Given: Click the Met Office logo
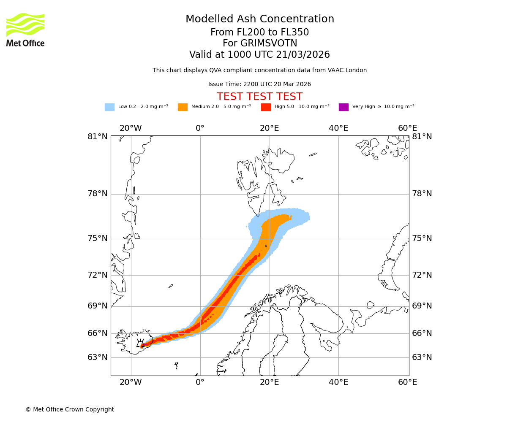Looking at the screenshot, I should coord(25,30).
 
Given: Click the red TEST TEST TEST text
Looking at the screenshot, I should coord(259,97).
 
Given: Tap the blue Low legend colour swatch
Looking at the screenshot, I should coord(109,107).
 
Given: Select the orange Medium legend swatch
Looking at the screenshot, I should coord(183,107).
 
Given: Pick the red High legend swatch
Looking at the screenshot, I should coord(266,107).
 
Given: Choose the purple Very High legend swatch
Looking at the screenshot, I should coord(343,107).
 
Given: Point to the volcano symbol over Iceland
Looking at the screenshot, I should coord(140,343).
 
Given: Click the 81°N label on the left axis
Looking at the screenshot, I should coord(98,136).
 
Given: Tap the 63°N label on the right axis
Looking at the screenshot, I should coord(422,357).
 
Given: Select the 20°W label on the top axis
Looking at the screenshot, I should coord(131,128).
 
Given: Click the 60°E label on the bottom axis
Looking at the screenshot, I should coord(407,382).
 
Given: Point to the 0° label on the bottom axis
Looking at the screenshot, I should coord(200,382).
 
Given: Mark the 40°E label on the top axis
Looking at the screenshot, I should coord(338,128).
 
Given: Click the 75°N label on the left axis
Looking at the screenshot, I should coord(98,238).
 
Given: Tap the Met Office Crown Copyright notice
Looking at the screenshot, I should coord(70,409).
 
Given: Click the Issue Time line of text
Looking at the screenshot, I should coord(259,84).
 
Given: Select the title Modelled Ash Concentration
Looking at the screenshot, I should coord(260,19).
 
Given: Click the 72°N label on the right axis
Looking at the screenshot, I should coord(422,275).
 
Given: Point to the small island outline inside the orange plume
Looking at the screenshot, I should coord(266,246).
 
